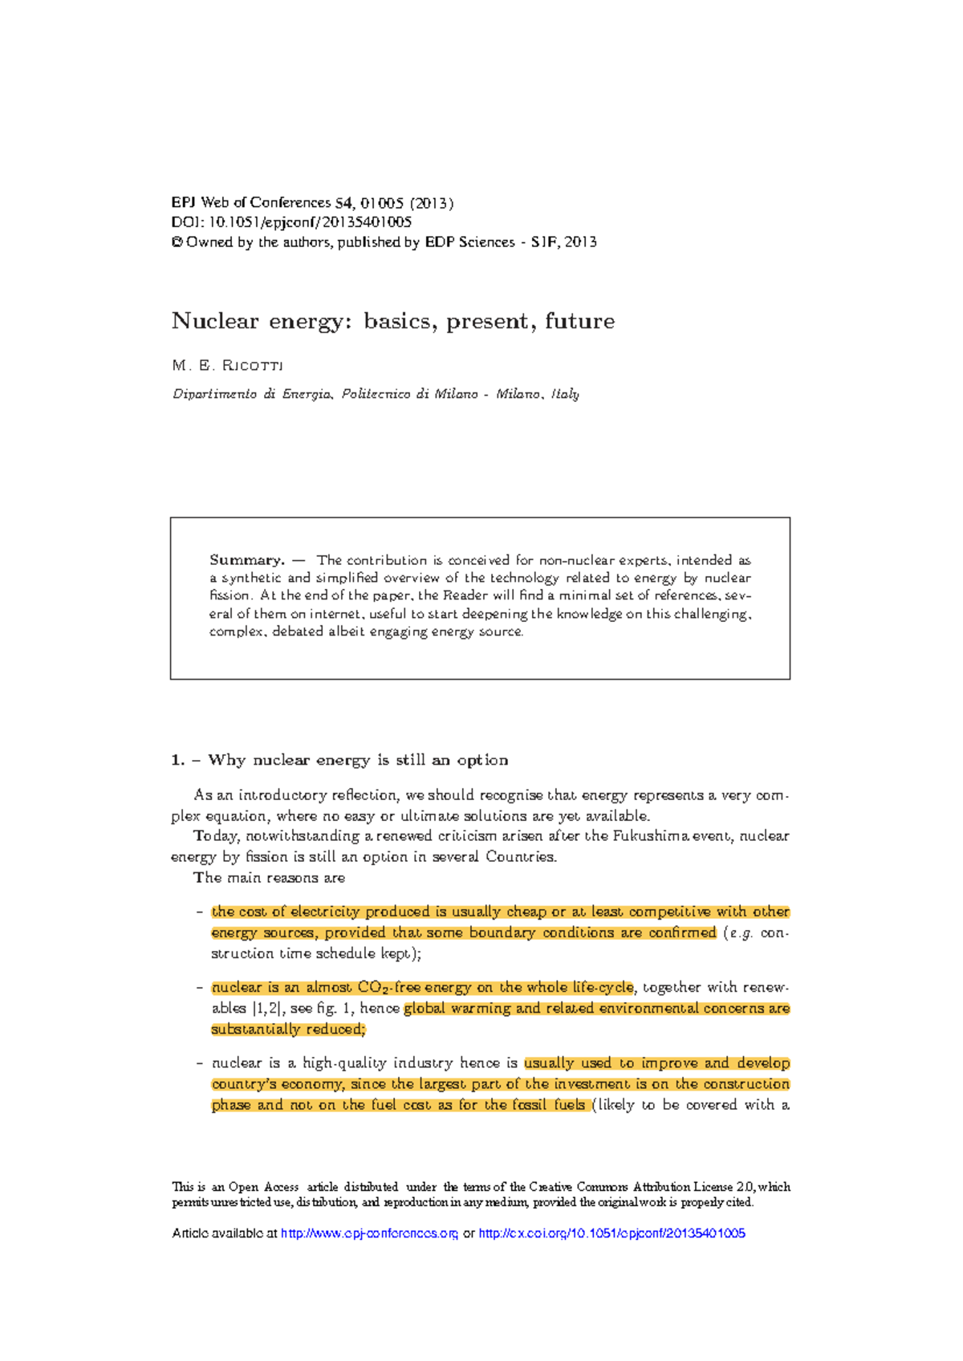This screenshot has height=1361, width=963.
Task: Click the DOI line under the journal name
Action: tap(291, 222)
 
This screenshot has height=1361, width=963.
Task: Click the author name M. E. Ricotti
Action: tap(228, 366)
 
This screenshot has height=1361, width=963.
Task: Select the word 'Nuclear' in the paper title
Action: tap(215, 321)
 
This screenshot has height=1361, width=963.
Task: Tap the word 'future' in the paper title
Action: tap(579, 321)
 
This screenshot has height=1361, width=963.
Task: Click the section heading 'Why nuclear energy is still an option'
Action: tap(357, 760)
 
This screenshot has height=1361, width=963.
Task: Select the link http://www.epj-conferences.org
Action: tap(369, 1233)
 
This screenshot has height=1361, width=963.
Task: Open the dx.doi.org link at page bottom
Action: tap(612, 1233)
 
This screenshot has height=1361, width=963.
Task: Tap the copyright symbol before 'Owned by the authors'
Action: tap(177, 242)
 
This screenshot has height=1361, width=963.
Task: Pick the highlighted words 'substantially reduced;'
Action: tap(288, 1030)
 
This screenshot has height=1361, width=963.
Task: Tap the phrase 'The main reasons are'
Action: tap(270, 878)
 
